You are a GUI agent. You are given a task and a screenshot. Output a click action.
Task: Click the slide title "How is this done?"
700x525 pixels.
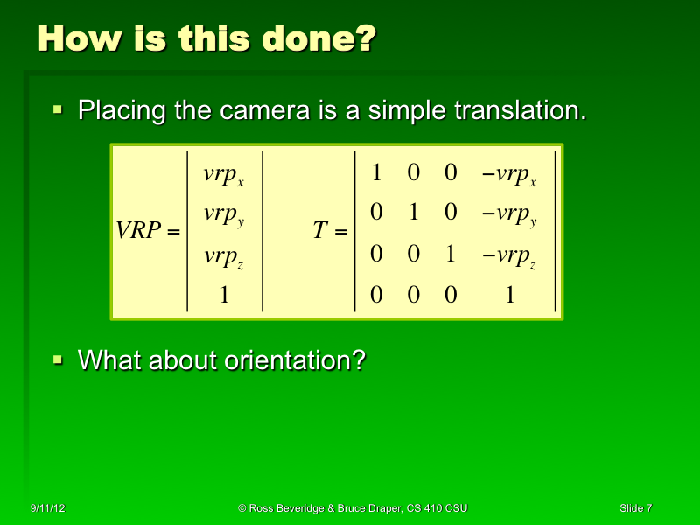[206, 39]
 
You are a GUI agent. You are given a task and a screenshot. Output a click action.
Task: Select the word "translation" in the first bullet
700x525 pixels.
[515, 111]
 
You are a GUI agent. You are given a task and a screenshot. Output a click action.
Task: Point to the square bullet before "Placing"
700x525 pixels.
[59, 110]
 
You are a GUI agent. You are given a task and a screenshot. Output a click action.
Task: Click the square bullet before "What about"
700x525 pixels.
[59, 359]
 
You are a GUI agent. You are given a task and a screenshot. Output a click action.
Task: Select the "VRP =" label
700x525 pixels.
[148, 232]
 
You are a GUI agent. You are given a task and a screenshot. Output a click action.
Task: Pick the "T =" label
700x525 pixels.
[330, 232]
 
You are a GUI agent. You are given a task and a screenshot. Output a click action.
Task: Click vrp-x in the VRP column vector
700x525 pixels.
[223, 175]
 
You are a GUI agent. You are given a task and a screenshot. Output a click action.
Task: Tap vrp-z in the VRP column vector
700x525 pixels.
[223, 257]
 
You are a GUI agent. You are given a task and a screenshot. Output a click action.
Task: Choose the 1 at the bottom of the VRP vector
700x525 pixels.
[224, 296]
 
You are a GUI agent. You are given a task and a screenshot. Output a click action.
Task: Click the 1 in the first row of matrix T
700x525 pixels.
[376, 173]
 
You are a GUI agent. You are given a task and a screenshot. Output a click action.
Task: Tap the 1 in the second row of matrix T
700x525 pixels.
[414, 213]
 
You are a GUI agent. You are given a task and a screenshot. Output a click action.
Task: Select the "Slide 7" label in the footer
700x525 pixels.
[635, 508]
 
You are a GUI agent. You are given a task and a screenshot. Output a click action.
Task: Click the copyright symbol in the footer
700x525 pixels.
[242, 508]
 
